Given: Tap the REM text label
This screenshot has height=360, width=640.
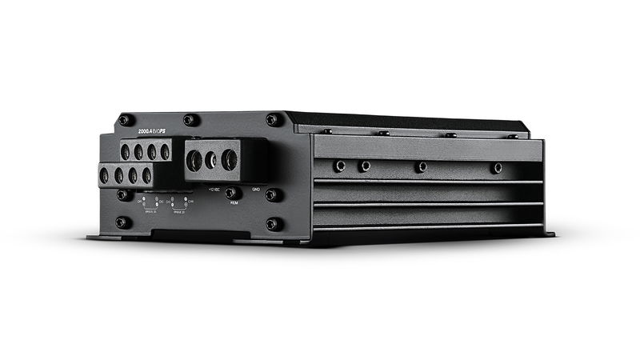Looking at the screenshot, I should pyautogui.click(x=234, y=203).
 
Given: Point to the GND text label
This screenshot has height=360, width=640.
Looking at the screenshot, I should pyautogui.click(x=256, y=190).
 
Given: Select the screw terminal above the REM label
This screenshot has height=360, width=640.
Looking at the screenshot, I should pyautogui.click(x=233, y=192).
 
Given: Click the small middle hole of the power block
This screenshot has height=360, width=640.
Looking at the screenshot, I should pyautogui.click(x=211, y=160).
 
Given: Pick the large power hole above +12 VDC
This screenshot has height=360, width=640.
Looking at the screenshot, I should pyautogui.click(x=194, y=159).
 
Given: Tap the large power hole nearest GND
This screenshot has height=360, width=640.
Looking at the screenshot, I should pyautogui.click(x=229, y=160).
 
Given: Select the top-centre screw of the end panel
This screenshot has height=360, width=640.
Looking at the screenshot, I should pyautogui.click(x=189, y=120).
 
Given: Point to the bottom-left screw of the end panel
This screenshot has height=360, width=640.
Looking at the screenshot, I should pyautogui.click(x=122, y=222).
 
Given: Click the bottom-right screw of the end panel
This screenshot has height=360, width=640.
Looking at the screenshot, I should pyautogui.click(x=272, y=224).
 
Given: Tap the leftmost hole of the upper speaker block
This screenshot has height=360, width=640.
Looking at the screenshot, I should pyautogui.click(x=125, y=150).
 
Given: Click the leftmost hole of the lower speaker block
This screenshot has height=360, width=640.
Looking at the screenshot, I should pyautogui.click(x=104, y=175).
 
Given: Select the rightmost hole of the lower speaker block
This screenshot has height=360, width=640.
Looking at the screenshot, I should pyautogui.click(x=147, y=174).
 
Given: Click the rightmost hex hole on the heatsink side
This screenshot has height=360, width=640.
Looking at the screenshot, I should pyautogui.click(x=498, y=168).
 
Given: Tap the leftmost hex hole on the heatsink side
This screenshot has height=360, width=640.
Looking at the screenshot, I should pyautogui.click(x=339, y=166).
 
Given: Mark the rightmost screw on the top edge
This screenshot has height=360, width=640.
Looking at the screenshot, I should pyautogui.click(x=513, y=137).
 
